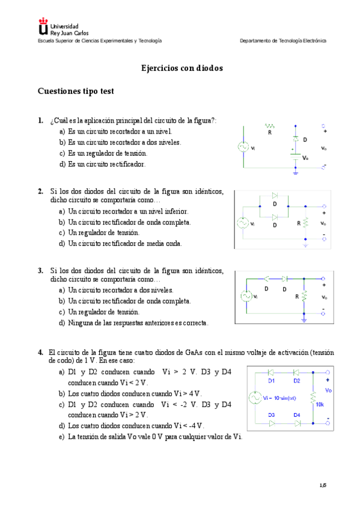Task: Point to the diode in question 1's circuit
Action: click(295, 139)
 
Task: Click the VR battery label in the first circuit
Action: click(305, 158)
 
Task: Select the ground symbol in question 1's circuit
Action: click(295, 172)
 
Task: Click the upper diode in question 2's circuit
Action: click(275, 195)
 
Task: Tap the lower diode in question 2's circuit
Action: click(275, 217)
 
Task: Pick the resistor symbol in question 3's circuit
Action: click(304, 296)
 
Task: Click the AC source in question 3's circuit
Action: click(246, 296)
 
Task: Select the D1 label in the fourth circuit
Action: click(271, 381)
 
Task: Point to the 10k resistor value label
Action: click(319, 404)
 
